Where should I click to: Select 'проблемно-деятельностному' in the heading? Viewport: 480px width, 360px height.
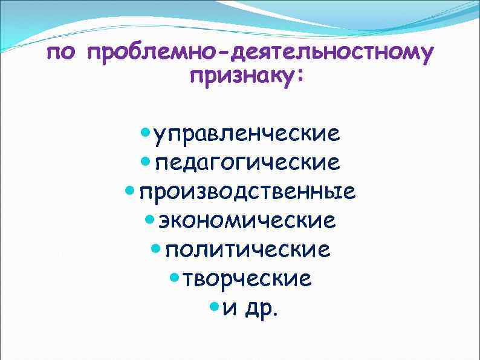pyautogui.click(x=260, y=54)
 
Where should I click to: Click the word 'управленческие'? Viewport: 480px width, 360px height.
pyautogui.click(x=247, y=133)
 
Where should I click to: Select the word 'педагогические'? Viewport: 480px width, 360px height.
pyautogui.click(x=247, y=162)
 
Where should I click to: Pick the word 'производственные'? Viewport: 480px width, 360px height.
pyautogui.click(x=247, y=192)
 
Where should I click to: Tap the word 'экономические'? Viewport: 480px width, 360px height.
pyautogui.click(x=247, y=221)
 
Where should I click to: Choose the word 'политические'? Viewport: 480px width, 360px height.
pyautogui.click(x=247, y=250)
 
